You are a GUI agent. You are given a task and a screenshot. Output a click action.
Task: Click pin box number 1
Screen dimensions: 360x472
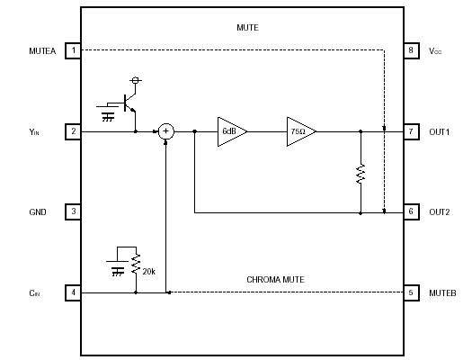coord(73,50)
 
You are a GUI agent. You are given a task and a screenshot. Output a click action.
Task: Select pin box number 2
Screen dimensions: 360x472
coord(73,131)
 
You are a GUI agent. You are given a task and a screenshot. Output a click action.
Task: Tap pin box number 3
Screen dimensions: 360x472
coord(73,212)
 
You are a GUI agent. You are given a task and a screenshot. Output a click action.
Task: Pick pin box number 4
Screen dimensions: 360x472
coord(73,292)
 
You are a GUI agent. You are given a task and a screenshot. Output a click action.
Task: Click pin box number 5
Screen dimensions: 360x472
coord(411,292)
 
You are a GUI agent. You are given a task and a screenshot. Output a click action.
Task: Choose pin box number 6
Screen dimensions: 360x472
coord(411,212)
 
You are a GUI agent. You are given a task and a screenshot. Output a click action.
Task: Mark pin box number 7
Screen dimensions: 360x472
coord(411,131)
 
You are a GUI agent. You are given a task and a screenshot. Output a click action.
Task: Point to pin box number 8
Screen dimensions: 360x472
coord(411,50)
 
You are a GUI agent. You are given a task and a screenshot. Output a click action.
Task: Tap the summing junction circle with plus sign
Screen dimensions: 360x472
coord(166,131)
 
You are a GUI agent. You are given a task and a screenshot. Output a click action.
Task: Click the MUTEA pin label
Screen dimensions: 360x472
coord(42,51)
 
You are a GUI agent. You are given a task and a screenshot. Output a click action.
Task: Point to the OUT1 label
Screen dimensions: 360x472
coord(440,132)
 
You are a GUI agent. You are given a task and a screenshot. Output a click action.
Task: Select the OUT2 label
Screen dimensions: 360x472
coord(440,213)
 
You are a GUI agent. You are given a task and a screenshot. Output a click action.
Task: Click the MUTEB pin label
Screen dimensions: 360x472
coord(442,293)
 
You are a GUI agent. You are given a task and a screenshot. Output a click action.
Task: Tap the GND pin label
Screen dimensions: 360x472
coord(38,213)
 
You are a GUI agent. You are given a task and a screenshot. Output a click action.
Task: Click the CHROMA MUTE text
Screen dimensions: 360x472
coord(275,280)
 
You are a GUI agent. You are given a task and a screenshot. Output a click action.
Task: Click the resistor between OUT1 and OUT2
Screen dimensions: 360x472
coord(361,174)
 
